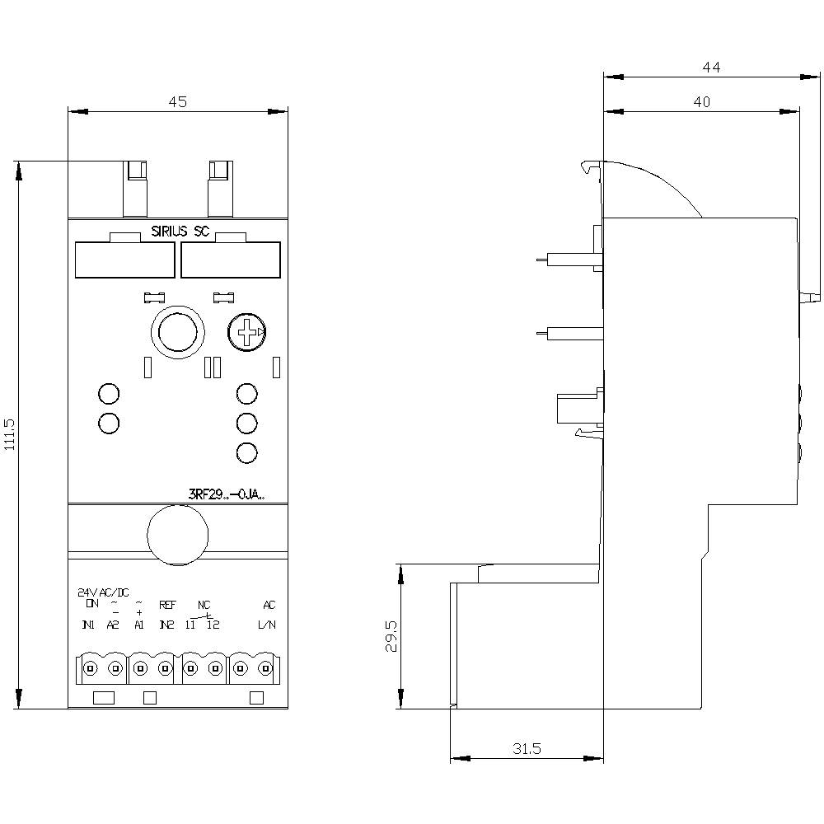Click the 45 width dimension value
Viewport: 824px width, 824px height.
[178, 102]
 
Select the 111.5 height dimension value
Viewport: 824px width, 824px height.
[10, 434]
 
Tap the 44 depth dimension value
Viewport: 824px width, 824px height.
[711, 69]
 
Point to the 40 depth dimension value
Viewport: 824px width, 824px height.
[701, 102]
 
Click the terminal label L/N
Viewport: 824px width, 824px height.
[267, 625]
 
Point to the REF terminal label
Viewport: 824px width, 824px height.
[167, 605]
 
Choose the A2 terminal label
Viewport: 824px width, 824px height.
[114, 625]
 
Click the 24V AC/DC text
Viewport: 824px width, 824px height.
[103, 592]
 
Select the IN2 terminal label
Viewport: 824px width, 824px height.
[166, 625]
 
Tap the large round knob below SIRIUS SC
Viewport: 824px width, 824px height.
[176, 332]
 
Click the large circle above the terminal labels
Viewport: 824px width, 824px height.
[176, 536]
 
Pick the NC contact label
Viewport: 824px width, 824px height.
[204, 605]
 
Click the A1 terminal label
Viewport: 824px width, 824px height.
[139, 625]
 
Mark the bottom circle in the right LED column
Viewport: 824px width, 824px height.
[246, 452]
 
